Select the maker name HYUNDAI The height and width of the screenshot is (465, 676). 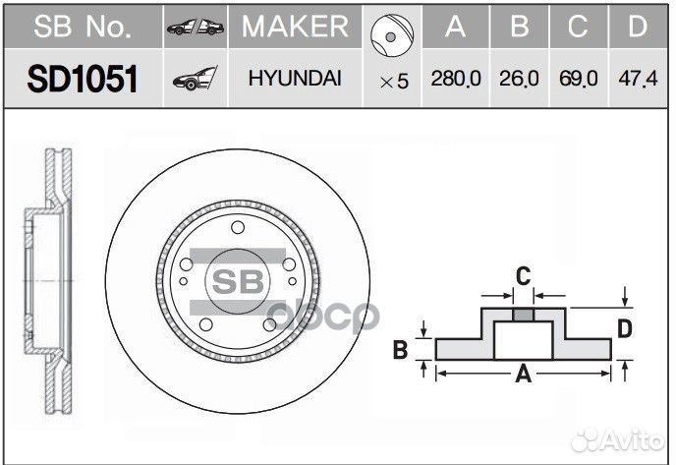[x=294, y=80]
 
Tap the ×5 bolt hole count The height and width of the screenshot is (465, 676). [x=393, y=82]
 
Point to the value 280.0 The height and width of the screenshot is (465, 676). [x=454, y=81]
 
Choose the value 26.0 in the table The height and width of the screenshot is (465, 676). [x=518, y=81]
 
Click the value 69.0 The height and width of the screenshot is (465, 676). [x=579, y=81]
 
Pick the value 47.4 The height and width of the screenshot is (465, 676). [x=640, y=81]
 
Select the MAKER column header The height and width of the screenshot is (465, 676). [x=294, y=27]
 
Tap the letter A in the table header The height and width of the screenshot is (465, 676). [x=454, y=27]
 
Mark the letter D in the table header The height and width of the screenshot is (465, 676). [x=640, y=27]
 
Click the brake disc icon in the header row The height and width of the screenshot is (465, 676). [x=391, y=31]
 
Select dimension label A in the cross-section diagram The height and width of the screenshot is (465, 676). [x=524, y=373]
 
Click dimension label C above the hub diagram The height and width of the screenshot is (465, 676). [x=524, y=275]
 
